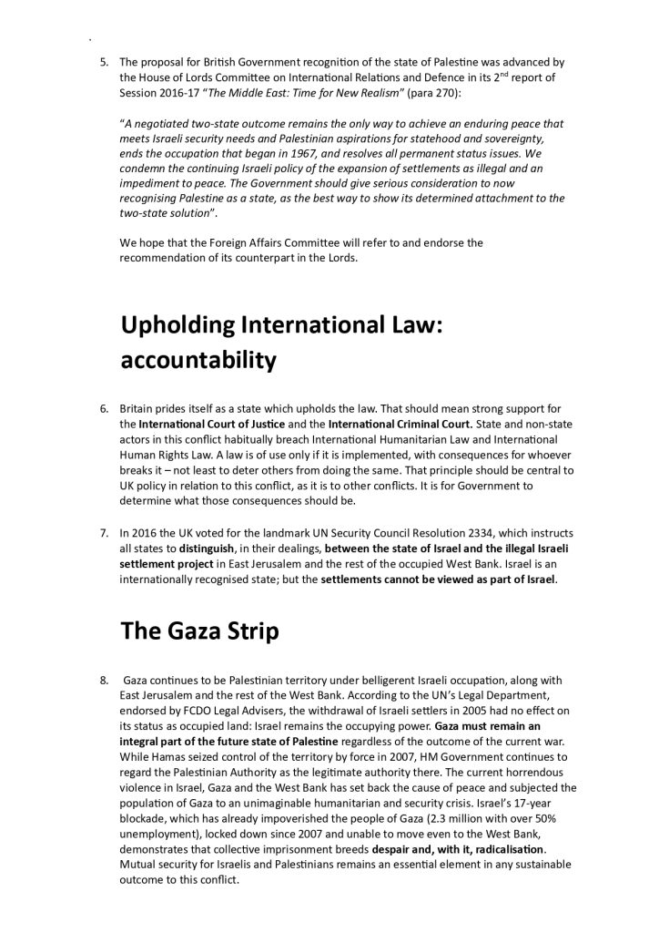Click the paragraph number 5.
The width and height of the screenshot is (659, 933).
pyautogui.click(x=104, y=62)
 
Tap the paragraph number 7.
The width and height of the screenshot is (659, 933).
pyautogui.click(x=104, y=532)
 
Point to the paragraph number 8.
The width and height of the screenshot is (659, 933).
pyautogui.click(x=104, y=681)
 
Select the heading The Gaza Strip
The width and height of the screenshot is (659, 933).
pyautogui.click(x=199, y=631)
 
